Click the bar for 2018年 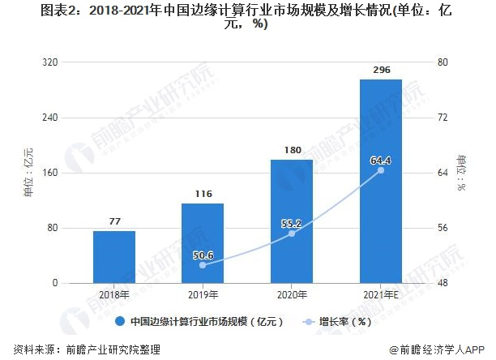(x=114, y=257)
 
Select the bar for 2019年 (x=203, y=243)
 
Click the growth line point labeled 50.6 (x=203, y=265)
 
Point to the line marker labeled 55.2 (x=292, y=234)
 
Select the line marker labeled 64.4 (x=380, y=170)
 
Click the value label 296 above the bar (x=380, y=71)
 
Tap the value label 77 (x=114, y=221)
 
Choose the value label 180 (x=292, y=150)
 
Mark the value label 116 (x=203, y=195)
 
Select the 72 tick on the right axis (x=442, y=118)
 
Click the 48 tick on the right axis (x=442, y=283)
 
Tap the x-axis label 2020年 (x=292, y=294)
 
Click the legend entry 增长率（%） (x=344, y=322)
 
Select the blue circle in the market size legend (x=119, y=322)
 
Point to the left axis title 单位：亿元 (x=28, y=173)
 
